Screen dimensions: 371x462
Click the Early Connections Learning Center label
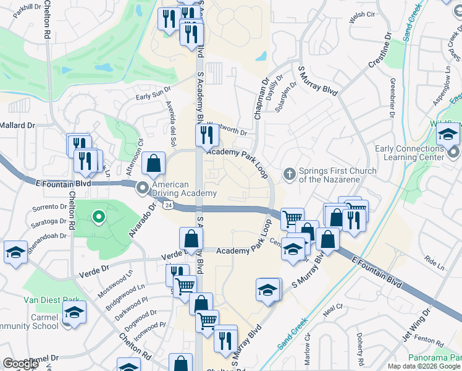[x=409, y=153]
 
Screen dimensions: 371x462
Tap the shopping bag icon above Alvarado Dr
[x=153, y=164]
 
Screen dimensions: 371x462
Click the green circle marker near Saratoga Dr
[x=98, y=216]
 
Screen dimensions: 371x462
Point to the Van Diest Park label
[x=51, y=300]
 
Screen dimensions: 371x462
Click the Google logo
[x=20, y=364]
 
